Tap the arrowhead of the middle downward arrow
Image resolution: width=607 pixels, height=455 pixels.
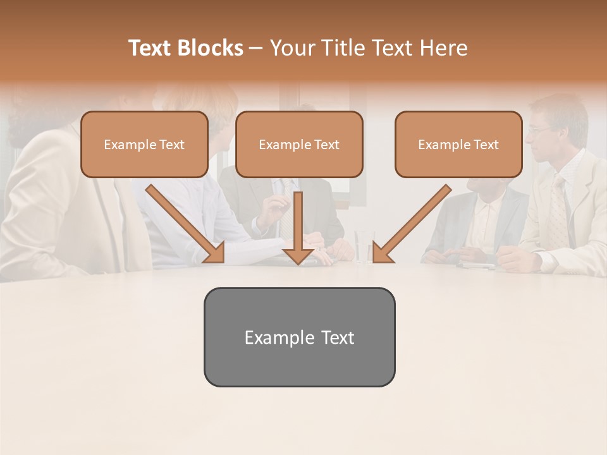pos(298,255)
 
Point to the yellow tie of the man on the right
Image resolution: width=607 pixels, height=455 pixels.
pos(558,215)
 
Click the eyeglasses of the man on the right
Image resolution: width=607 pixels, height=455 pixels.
pos(539,129)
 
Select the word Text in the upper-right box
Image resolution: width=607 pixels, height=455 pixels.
pos(486,145)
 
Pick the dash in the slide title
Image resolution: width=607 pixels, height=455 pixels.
pos(257,48)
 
